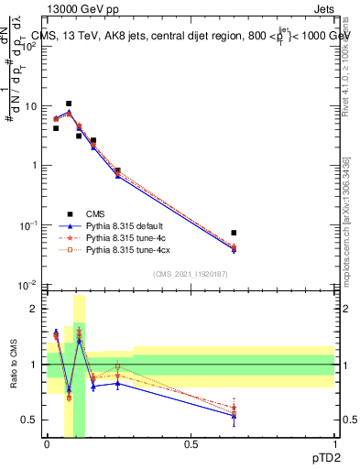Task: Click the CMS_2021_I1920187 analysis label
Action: click(x=191, y=274)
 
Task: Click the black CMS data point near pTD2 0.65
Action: click(x=235, y=233)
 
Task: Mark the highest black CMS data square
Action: click(x=69, y=104)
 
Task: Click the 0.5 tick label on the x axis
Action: click(x=191, y=443)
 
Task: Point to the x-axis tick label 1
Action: click(x=333, y=443)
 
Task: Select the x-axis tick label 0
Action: click(x=48, y=443)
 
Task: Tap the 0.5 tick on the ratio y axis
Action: click(x=30, y=420)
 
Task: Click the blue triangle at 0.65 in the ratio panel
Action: click(x=235, y=415)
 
